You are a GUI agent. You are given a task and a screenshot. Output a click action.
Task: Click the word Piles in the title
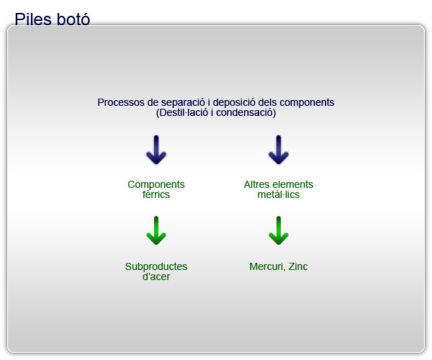(33, 19)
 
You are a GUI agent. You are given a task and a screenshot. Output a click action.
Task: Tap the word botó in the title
(73, 19)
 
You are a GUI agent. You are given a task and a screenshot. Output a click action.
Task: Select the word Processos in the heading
(121, 102)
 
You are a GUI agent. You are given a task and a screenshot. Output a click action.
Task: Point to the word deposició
(234, 102)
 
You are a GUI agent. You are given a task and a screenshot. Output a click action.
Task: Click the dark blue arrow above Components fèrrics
(156, 150)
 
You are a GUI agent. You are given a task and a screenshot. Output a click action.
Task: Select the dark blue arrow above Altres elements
(279, 150)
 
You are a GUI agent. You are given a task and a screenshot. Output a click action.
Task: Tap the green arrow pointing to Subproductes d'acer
(156, 230)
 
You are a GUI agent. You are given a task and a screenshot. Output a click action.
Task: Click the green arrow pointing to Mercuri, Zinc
(279, 230)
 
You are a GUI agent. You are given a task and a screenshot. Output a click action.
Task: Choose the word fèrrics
(156, 194)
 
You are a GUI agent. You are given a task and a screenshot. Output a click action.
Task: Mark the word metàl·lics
(279, 194)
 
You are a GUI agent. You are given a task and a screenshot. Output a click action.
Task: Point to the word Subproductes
(156, 266)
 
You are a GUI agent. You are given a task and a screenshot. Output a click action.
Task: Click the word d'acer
(156, 276)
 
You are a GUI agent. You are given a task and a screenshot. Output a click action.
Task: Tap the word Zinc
(298, 266)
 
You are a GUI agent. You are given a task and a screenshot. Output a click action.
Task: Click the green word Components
(156, 184)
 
